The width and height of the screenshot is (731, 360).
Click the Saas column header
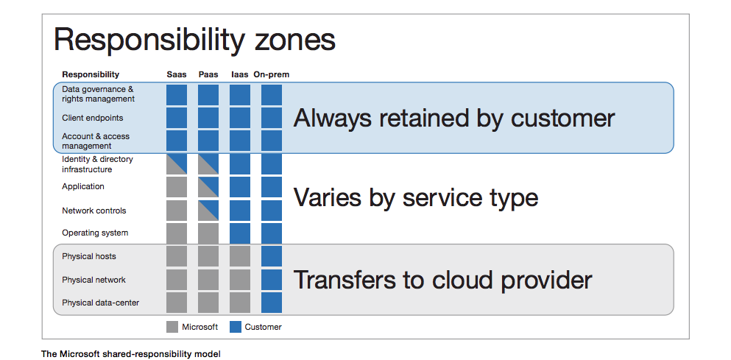pos(177,74)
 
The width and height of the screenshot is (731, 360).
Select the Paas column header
pos(208,74)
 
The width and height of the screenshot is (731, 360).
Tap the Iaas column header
pos(240,74)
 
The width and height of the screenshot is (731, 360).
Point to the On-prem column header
pos(272,74)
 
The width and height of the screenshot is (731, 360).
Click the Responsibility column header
pos(91,74)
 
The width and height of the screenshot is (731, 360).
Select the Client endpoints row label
pos(92,118)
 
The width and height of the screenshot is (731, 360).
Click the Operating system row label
pos(95,233)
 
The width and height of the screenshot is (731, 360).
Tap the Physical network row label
pos(93,280)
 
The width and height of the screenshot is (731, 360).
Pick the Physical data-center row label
pos(100,303)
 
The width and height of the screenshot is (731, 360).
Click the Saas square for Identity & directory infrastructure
pos(177,164)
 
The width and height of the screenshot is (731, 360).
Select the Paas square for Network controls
pos(208,211)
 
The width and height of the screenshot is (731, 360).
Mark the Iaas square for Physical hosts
pos(240,256)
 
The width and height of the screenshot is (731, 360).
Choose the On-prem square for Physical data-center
pos(272,302)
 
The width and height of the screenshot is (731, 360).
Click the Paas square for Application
pos(208,186)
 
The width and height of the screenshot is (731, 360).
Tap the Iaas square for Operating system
pos(240,233)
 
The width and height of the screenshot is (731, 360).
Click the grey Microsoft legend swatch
pos(172,327)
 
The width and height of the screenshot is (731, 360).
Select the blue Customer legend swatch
pos(236,327)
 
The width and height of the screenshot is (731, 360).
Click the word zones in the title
pos(295,40)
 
